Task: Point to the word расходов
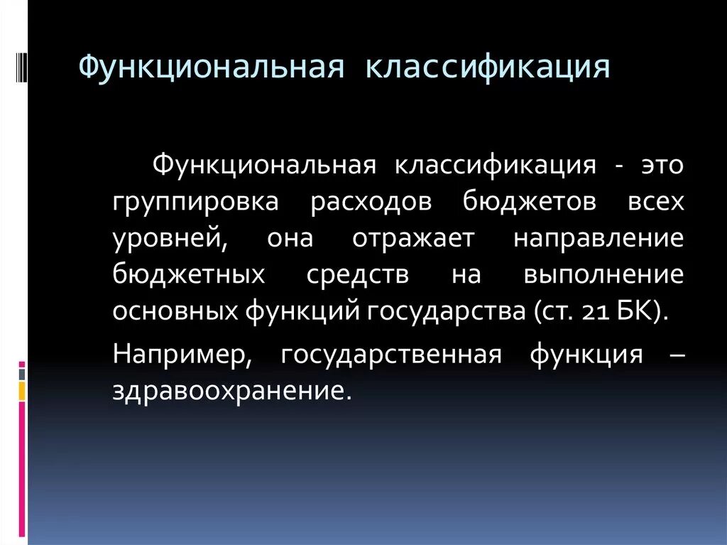pyautogui.click(x=371, y=203)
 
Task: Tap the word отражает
pyautogui.click(x=412, y=238)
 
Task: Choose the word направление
pyautogui.click(x=598, y=238)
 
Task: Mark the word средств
pyautogui.click(x=358, y=274)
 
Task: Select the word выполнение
pyautogui.click(x=603, y=274)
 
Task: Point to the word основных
pyautogui.click(x=175, y=311)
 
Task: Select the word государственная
pyautogui.click(x=390, y=354)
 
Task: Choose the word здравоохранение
pyautogui.click(x=231, y=390)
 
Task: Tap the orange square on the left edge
pyautogui.click(x=22, y=390)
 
